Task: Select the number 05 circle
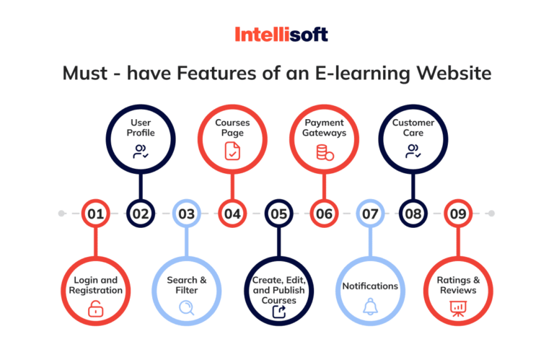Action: pyautogui.click(x=278, y=214)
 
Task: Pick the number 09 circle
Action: pyautogui.click(x=457, y=214)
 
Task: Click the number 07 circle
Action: pyautogui.click(x=369, y=214)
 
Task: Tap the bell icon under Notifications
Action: pyautogui.click(x=369, y=307)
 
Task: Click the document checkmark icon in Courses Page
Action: pyautogui.click(x=232, y=152)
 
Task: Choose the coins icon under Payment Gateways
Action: pyautogui.click(x=324, y=152)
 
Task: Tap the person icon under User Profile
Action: pyautogui.click(x=140, y=152)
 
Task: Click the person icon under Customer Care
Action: pyautogui.click(x=413, y=151)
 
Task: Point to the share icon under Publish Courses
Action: pyautogui.click(x=278, y=312)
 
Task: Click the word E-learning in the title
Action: pyautogui.click(x=385, y=74)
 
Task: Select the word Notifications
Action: pyautogui.click(x=369, y=286)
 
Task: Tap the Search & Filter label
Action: pyautogui.click(x=187, y=284)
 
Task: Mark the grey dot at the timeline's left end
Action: pyautogui.click(x=62, y=214)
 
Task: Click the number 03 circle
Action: pyautogui.click(x=187, y=214)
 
